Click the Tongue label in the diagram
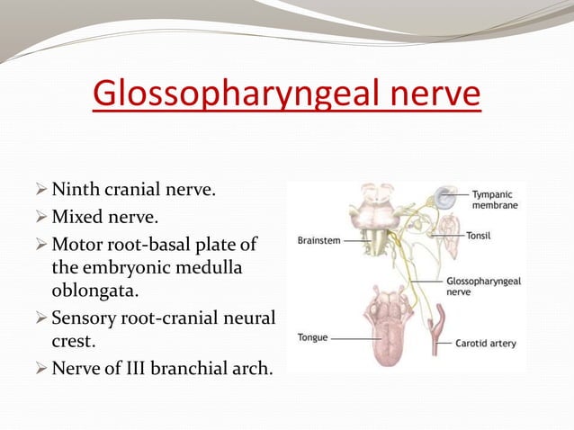(x=313, y=337)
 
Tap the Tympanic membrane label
(x=498, y=199)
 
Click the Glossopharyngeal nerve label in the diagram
(x=483, y=286)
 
